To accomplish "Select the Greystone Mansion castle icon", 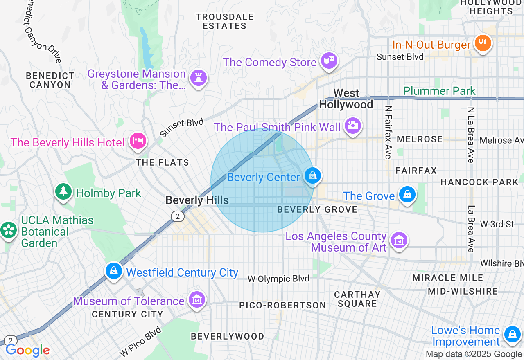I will click(199, 78).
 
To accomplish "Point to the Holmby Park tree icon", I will click(63, 191).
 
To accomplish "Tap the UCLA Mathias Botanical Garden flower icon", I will click(8, 230).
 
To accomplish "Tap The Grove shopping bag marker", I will click(407, 194).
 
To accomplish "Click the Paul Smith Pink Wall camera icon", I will click(352, 126).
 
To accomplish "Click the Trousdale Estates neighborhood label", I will click(225, 21).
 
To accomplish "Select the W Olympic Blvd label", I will click(278, 279).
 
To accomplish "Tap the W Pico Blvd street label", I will click(140, 341).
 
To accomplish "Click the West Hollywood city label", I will click(346, 99).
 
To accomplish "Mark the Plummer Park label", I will click(439, 91).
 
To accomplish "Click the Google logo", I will click(27, 350).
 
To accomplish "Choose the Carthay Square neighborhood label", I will click(357, 299).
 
